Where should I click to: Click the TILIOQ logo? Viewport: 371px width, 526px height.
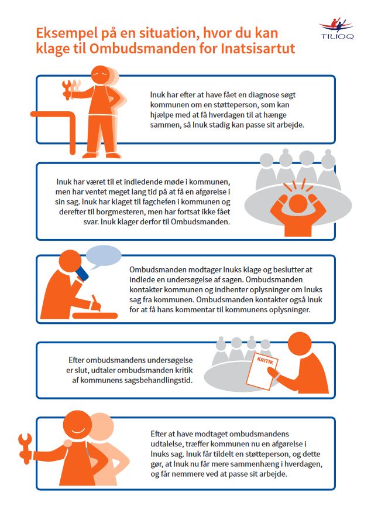(x=336, y=29)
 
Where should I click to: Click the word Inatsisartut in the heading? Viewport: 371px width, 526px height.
(x=257, y=49)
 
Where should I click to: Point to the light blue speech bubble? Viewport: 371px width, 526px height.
(x=104, y=257)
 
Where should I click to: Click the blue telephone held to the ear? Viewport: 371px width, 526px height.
(x=82, y=274)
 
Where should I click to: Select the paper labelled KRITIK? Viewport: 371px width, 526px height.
(x=262, y=371)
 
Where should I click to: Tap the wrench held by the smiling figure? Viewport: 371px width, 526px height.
(x=26, y=448)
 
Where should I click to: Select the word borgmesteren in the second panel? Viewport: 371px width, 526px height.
(x=118, y=212)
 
